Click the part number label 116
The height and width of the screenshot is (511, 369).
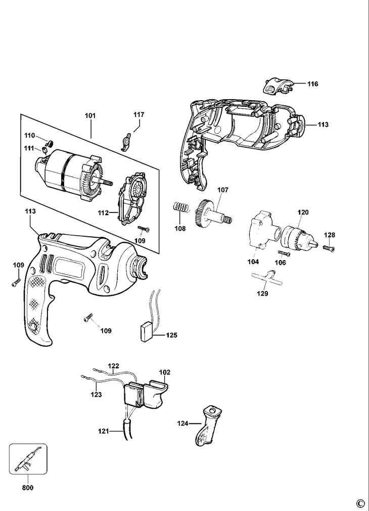pos(312,84)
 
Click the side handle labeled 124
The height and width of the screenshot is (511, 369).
pos(206,427)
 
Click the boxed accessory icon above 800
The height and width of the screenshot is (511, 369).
pos(28,461)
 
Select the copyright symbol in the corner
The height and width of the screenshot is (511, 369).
pos(360,503)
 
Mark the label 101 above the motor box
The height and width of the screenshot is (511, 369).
pos(90,116)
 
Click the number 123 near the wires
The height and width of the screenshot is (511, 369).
pos(96,394)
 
